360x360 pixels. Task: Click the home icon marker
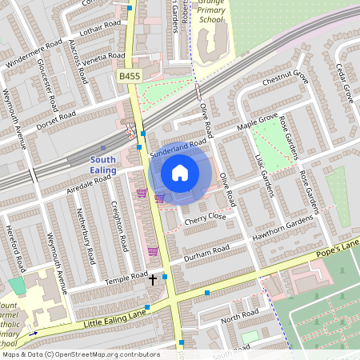[180, 172]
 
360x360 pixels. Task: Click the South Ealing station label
[102, 165]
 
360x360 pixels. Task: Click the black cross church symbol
[153, 280]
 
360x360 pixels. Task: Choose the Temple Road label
[127, 278]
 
